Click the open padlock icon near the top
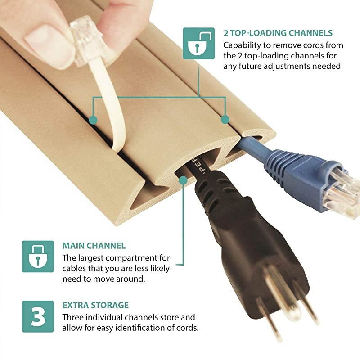tap(198, 43)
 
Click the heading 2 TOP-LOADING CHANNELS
tap(278, 33)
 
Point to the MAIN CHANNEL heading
tap(94, 246)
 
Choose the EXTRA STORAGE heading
tap(95, 305)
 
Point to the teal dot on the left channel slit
tap(93, 120)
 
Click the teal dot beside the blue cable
tap(225, 119)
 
